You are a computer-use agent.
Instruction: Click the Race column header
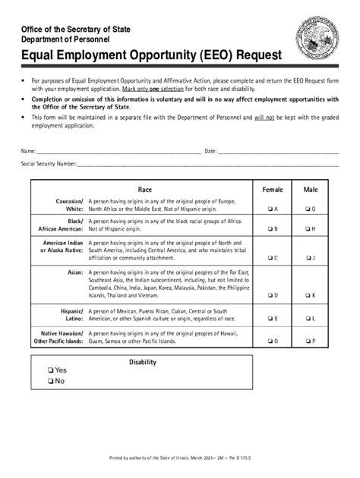145,190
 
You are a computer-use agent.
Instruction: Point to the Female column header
272,190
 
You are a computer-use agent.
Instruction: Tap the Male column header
311,190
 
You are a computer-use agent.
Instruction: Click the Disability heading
142,362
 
